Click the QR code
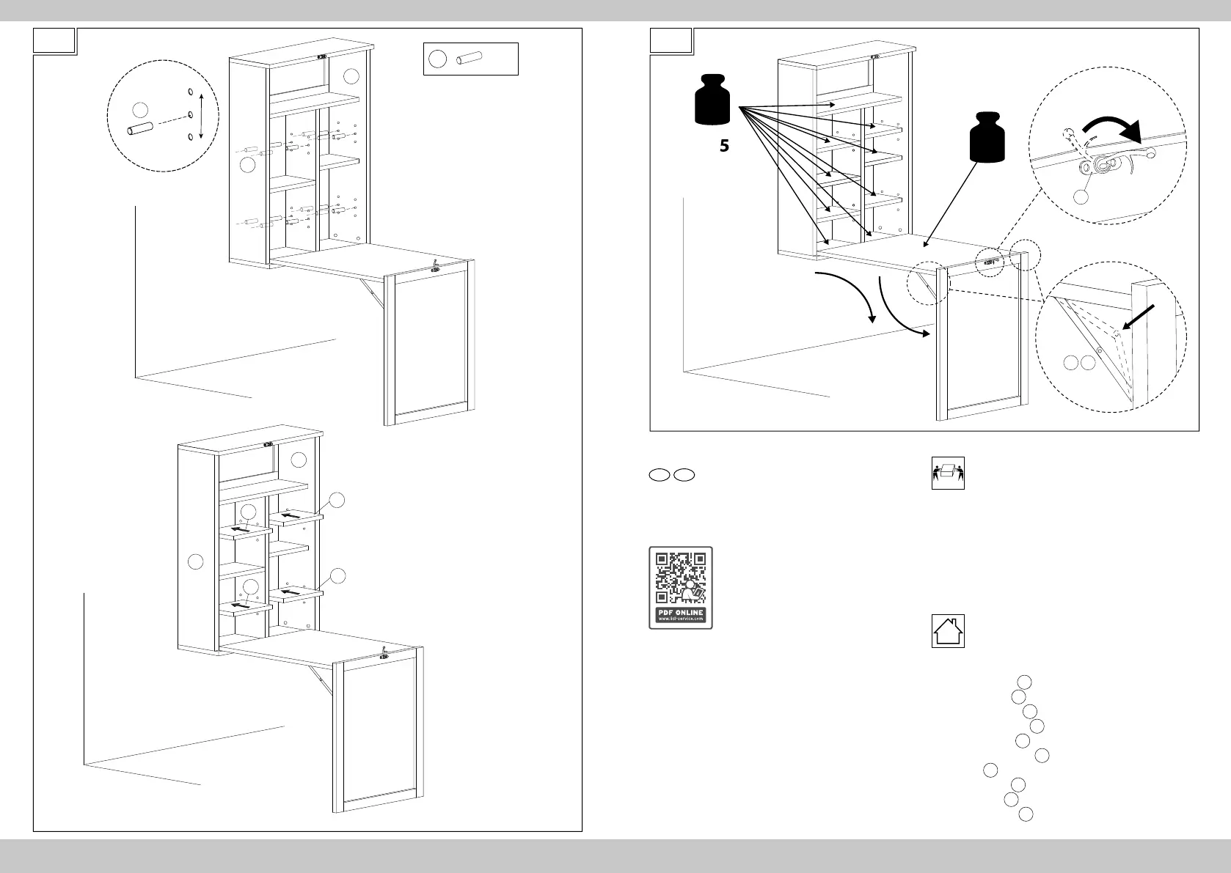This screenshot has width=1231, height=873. (x=681, y=579)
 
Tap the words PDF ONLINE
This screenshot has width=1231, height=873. (x=681, y=612)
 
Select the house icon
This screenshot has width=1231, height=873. (x=948, y=631)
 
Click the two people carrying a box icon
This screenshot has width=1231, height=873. (x=948, y=473)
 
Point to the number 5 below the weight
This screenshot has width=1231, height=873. (x=724, y=147)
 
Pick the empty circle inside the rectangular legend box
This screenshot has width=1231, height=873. (x=437, y=59)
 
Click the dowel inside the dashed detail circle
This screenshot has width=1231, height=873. (x=139, y=130)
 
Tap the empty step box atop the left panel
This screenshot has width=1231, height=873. (x=55, y=41)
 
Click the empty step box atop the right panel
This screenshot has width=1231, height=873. (x=672, y=41)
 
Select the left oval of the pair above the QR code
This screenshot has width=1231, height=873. (x=659, y=475)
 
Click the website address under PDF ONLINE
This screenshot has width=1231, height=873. (x=681, y=619)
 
